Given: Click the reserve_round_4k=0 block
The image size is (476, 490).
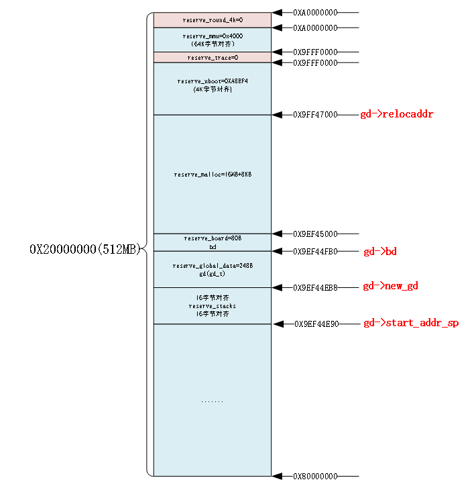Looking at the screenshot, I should (x=213, y=20).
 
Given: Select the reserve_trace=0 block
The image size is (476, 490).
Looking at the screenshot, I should (x=213, y=58).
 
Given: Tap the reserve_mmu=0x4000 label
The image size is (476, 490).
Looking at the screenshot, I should (x=213, y=35).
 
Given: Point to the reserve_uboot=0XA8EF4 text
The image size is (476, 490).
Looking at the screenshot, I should (x=213, y=81).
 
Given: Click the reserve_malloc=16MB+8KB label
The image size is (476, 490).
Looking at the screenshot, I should (x=213, y=175).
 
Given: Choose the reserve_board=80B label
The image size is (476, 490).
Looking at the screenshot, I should (x=213, y=238).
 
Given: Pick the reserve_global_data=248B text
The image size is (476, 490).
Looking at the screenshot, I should (x=213, y=266).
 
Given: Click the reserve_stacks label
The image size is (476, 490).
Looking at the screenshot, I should (x=213, y=306).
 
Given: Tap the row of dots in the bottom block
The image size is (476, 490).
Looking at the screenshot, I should (x=213, y=401).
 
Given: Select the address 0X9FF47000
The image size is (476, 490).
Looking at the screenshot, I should (x=315, y=115).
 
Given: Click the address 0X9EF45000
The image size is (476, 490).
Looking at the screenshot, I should (x=315, y=234).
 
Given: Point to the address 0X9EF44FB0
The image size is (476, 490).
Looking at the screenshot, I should (x=315, y=252).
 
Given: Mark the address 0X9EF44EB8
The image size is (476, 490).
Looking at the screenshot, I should (x=315, y=287).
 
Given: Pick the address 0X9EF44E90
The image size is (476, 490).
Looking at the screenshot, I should (x=316, y=324).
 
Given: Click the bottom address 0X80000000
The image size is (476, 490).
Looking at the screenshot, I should (x=315, y=477).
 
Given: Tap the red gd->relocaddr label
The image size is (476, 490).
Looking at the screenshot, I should (x=397, y=114).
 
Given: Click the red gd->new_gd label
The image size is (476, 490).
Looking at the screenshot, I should (x=390, y=287).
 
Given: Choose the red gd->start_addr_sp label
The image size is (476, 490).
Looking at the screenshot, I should (x=411, y=324).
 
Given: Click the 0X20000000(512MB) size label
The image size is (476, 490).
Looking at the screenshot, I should (x=84, y=250).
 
